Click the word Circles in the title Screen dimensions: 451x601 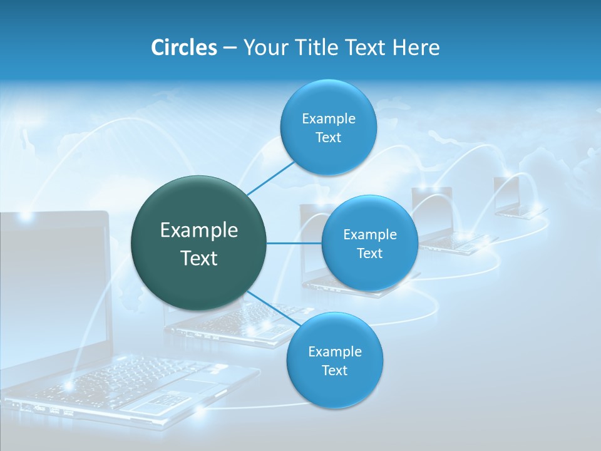coord(183,48)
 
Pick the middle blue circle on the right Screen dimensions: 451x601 coord(370,269)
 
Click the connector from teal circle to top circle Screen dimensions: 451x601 coord(270,178)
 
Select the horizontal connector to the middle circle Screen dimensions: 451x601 coord(294,243)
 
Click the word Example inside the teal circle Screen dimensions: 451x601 coord(198,231)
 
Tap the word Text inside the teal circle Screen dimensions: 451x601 coord(198,258)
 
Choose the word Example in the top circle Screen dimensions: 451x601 coord(328,119)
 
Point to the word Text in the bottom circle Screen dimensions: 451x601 coord(334,371)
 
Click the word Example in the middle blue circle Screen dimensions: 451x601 coord(370,235)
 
